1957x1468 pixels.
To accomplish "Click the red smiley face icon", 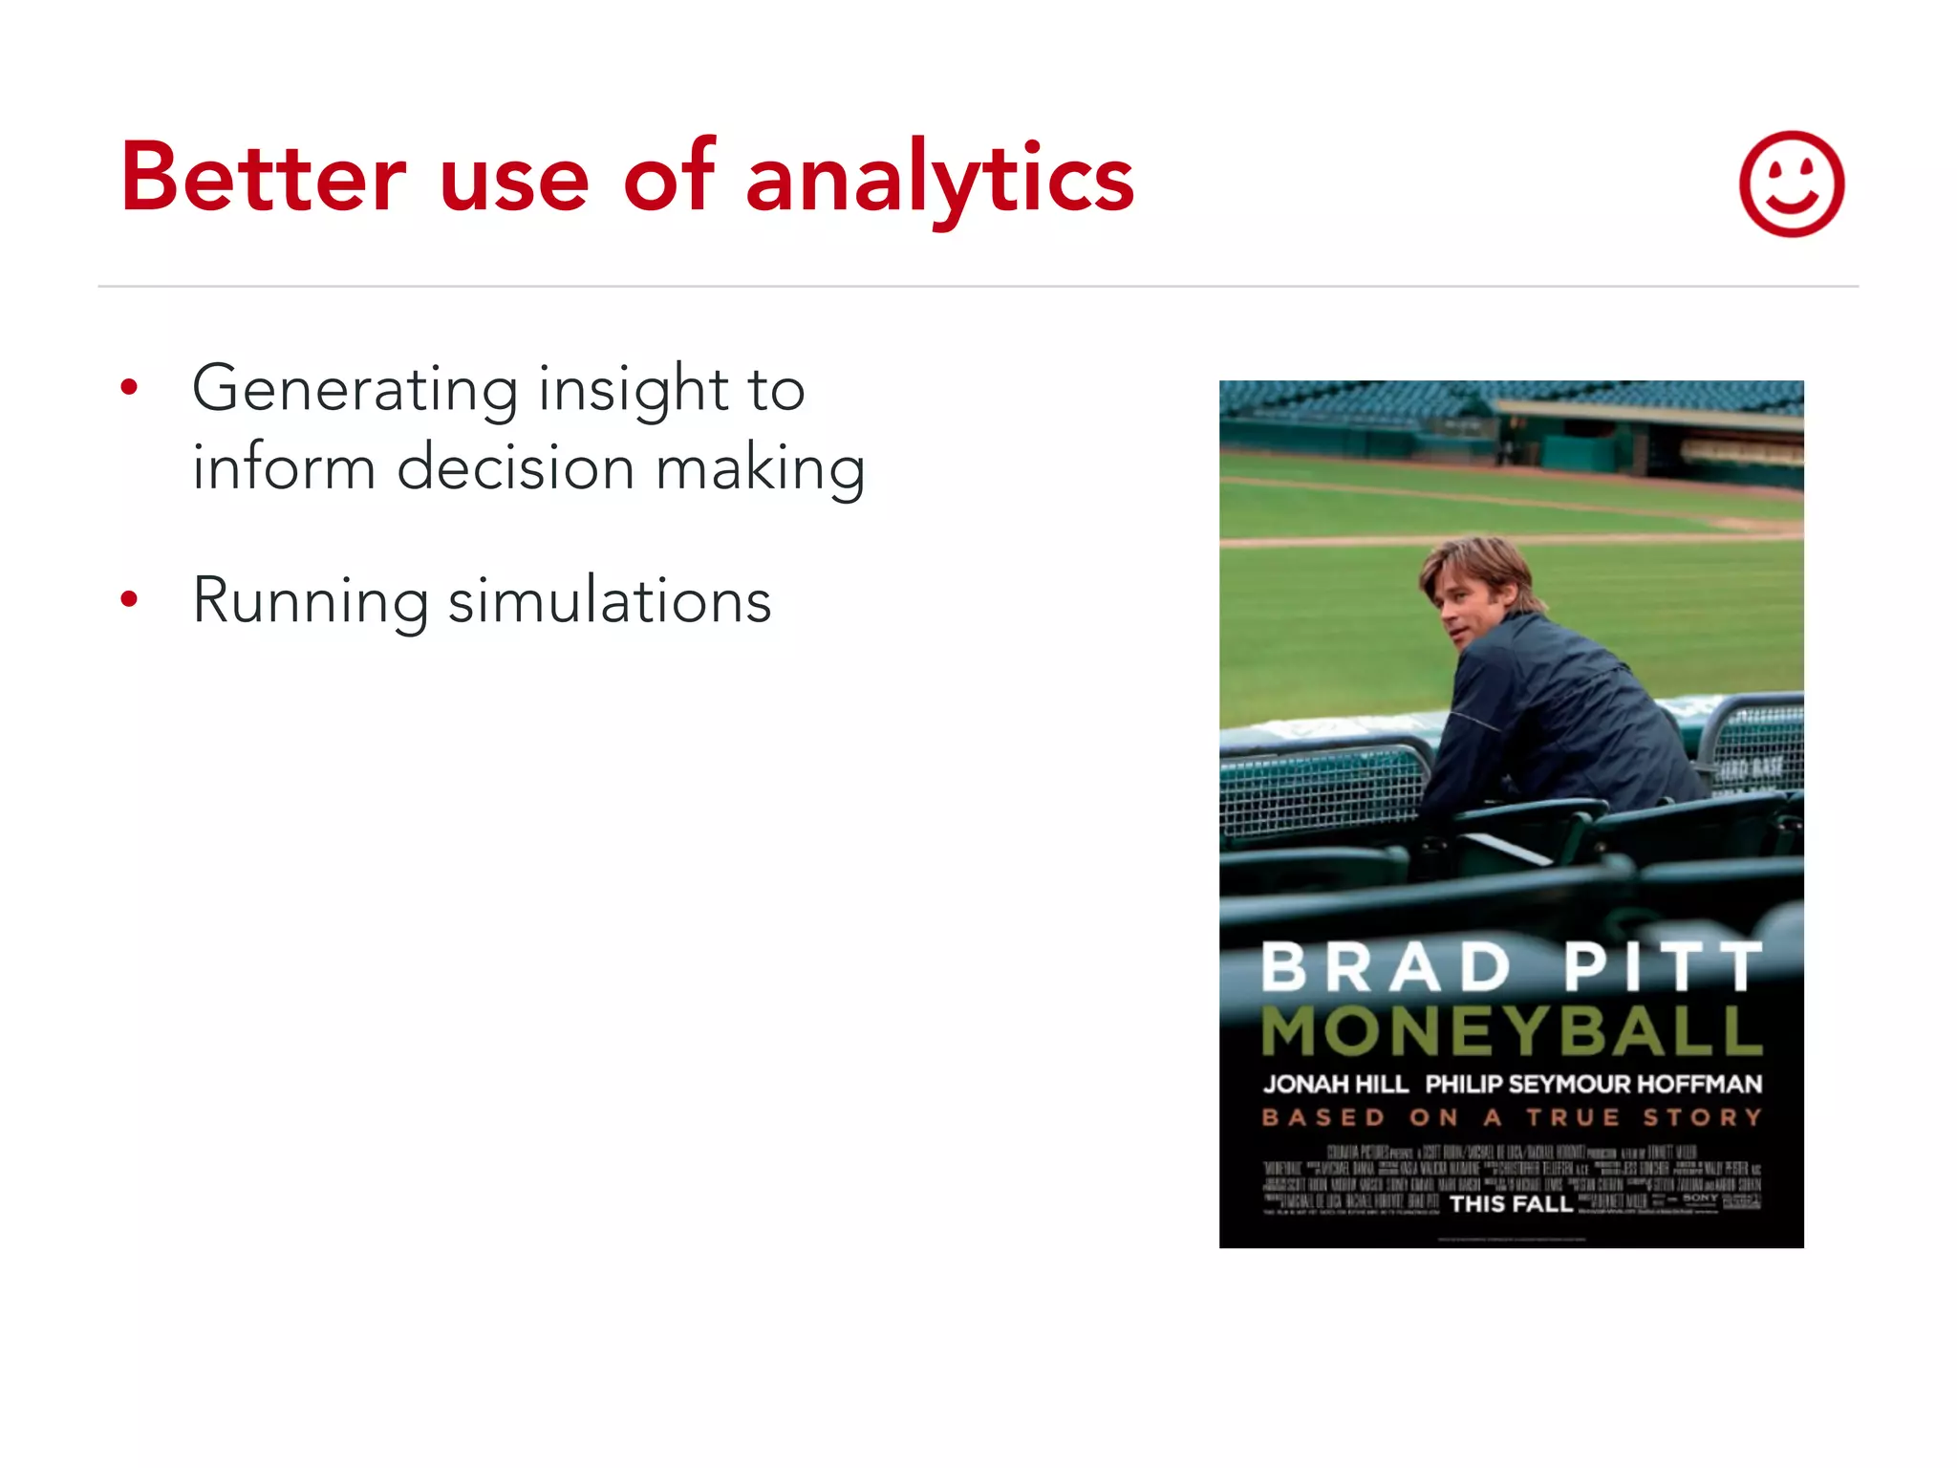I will tap(1791, 183).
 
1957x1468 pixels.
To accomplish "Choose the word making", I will tap(761, 470).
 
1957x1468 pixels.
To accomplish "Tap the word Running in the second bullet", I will tap(311, 602).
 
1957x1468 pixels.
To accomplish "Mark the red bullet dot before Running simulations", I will tap(130, 600).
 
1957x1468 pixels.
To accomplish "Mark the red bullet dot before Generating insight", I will tap(130, 388).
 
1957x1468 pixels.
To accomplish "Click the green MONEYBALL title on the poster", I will tap(1511, 1030).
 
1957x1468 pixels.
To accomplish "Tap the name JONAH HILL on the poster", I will tap(1335, 1084).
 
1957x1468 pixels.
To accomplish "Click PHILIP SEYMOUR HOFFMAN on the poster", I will tap(1593, 1084).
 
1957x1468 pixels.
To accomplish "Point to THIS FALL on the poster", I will tap(1510, 1203).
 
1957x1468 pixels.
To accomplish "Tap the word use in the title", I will tap(514, 180).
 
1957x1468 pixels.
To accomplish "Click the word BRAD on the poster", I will tap(1386, 967).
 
